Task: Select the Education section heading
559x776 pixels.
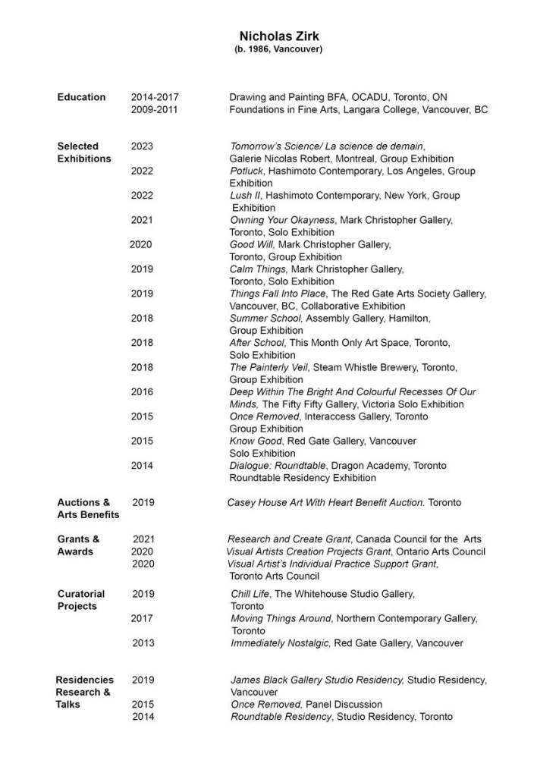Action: point(81,97)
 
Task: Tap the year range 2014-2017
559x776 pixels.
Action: point(155,97)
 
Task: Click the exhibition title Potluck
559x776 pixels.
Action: point(246,171)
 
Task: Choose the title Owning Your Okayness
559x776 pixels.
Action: point(282,220)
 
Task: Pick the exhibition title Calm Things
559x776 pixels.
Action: point(258,269)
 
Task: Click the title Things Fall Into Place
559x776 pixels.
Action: point(278,293)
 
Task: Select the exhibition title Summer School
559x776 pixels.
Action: point(266,318)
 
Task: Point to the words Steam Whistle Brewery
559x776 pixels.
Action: point(363,367)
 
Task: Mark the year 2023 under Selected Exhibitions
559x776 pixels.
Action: point(142,146)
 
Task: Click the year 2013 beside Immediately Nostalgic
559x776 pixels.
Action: point(143,643)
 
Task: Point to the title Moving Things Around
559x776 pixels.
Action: point(281,619)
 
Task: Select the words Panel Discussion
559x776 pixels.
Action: point(344,704)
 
